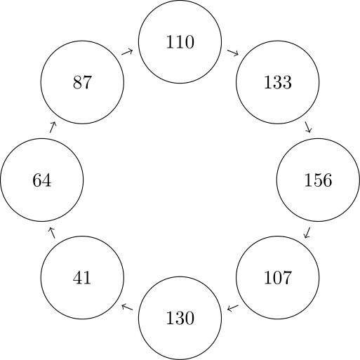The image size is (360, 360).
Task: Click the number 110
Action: click(180, 42)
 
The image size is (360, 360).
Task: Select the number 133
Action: click(278, 82)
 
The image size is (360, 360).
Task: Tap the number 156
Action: click(318, 180)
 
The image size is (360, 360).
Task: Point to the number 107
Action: click(278, 278)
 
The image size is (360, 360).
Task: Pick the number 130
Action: click(180, 318)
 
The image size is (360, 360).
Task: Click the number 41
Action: click(82, 278)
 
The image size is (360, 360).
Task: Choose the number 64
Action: click(41, 180)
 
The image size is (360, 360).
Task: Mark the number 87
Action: click(82, 82)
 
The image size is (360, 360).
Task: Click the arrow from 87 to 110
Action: click(127, 52)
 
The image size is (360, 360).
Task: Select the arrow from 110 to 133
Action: click(233, 53)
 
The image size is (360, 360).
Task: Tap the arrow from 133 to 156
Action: click(308, 127)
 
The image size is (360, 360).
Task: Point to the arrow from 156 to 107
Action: click(307, 233)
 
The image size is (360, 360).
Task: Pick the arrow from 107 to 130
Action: click(233, 308)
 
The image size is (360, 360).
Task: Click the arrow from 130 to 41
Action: click(127, 307)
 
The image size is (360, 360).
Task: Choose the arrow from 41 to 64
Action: click(52, 233)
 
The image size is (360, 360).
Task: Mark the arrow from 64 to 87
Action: click(53, 127)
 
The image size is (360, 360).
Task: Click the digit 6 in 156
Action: click(327, 180)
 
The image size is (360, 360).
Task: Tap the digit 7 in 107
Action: click(287, 278)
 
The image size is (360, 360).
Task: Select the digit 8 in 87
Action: click(77, 82)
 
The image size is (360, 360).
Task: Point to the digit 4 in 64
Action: click(46, 180)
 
